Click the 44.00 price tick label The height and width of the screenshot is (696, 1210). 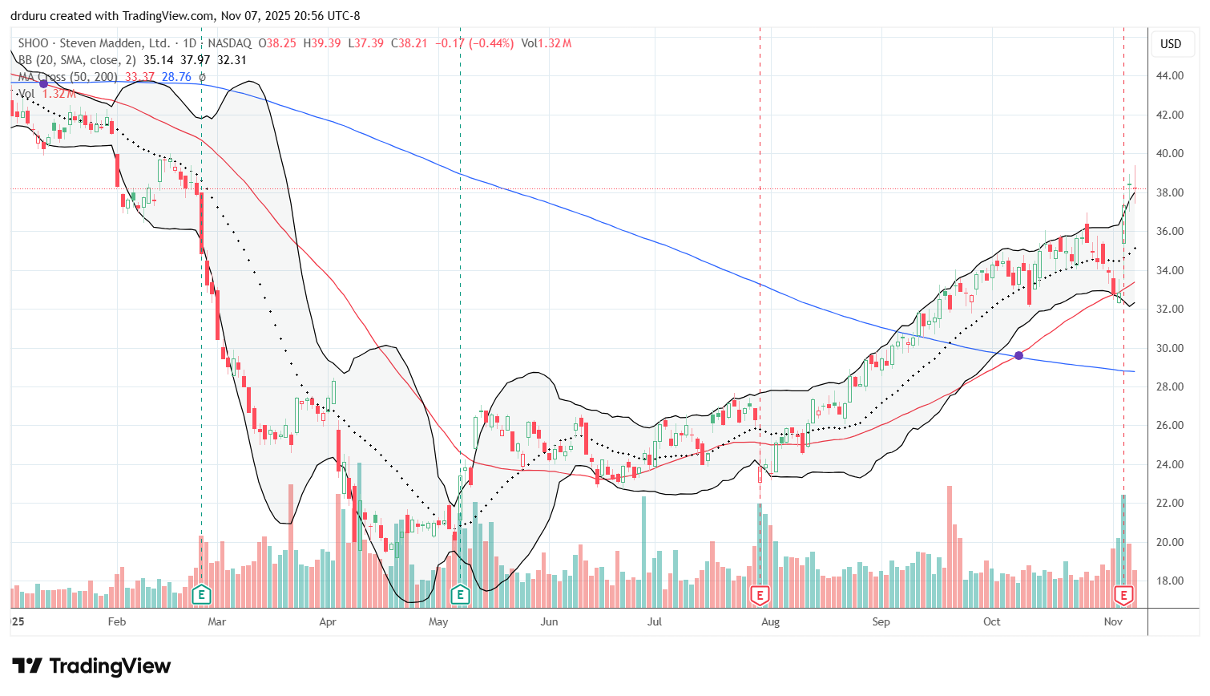1170,76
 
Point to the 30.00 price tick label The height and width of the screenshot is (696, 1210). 1170,348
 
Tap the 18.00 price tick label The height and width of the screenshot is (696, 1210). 1170,581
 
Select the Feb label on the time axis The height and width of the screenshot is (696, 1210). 117,621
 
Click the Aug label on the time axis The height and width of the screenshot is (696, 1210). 770,621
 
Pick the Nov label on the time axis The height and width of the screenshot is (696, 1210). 1113,621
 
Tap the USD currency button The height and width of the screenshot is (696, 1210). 1171,44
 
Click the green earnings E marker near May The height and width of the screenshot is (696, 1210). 460,594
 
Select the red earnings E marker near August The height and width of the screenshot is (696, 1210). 760,594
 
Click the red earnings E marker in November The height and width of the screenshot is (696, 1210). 1123,594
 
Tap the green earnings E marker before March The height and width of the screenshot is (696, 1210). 201,594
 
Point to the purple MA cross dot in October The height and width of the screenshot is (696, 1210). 1018,355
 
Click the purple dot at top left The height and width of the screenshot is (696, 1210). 43,83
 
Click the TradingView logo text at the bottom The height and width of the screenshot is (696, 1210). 92,666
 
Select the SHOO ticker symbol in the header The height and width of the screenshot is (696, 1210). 34,43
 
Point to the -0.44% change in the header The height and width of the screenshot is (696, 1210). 491,43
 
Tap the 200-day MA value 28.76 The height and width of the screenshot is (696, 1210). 176,77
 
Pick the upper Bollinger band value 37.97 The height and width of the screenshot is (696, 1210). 196,60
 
